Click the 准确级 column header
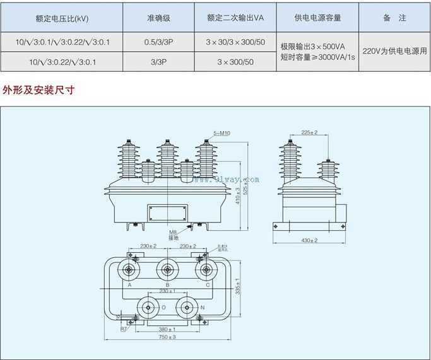[158, 18]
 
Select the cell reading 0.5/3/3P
[158, 42]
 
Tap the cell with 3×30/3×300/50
[235, 42]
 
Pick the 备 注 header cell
[394, 18]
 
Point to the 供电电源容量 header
[317, 18]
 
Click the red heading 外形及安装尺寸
[38, 90]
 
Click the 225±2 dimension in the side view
[309, 132]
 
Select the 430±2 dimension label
[309, 241]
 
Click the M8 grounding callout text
[172, 233]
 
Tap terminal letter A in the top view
[129, 285]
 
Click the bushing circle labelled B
[167, 270]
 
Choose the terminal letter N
[203, 307]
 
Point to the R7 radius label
[124, 329]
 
